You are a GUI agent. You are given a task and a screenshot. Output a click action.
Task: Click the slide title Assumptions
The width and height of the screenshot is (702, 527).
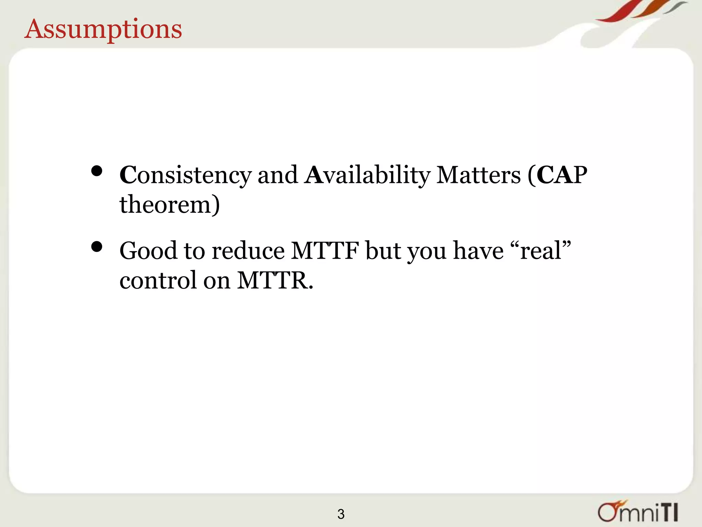103,30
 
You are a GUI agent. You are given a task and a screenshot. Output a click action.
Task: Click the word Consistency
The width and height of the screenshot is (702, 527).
185,175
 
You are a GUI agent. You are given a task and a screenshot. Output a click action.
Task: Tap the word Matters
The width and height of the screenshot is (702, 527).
479,175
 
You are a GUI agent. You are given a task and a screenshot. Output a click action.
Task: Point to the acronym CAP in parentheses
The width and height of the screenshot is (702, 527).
562,175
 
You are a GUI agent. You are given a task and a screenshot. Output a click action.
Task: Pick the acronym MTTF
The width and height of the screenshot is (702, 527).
325,251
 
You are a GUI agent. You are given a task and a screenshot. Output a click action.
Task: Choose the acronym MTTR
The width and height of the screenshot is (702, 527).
275,281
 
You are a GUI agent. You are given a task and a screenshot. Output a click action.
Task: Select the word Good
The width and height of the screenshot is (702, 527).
148,251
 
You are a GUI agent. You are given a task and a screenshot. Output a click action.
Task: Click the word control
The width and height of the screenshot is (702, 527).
158,281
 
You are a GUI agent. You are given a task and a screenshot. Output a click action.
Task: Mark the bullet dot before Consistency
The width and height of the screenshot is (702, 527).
97,171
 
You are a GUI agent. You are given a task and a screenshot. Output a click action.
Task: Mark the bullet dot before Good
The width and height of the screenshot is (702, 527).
97,247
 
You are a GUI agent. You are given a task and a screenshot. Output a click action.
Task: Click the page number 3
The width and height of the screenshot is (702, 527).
341,514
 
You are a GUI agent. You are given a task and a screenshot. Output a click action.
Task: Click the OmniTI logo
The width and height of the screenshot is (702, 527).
638,512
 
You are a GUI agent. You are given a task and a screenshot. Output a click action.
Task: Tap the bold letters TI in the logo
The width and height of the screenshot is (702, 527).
668,513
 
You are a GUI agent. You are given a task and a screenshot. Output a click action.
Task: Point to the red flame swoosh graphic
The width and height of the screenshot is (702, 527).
617,12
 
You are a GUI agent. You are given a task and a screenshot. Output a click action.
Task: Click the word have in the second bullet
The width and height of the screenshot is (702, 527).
479,251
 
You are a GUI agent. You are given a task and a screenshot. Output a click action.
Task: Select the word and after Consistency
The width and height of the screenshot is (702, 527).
278,175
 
